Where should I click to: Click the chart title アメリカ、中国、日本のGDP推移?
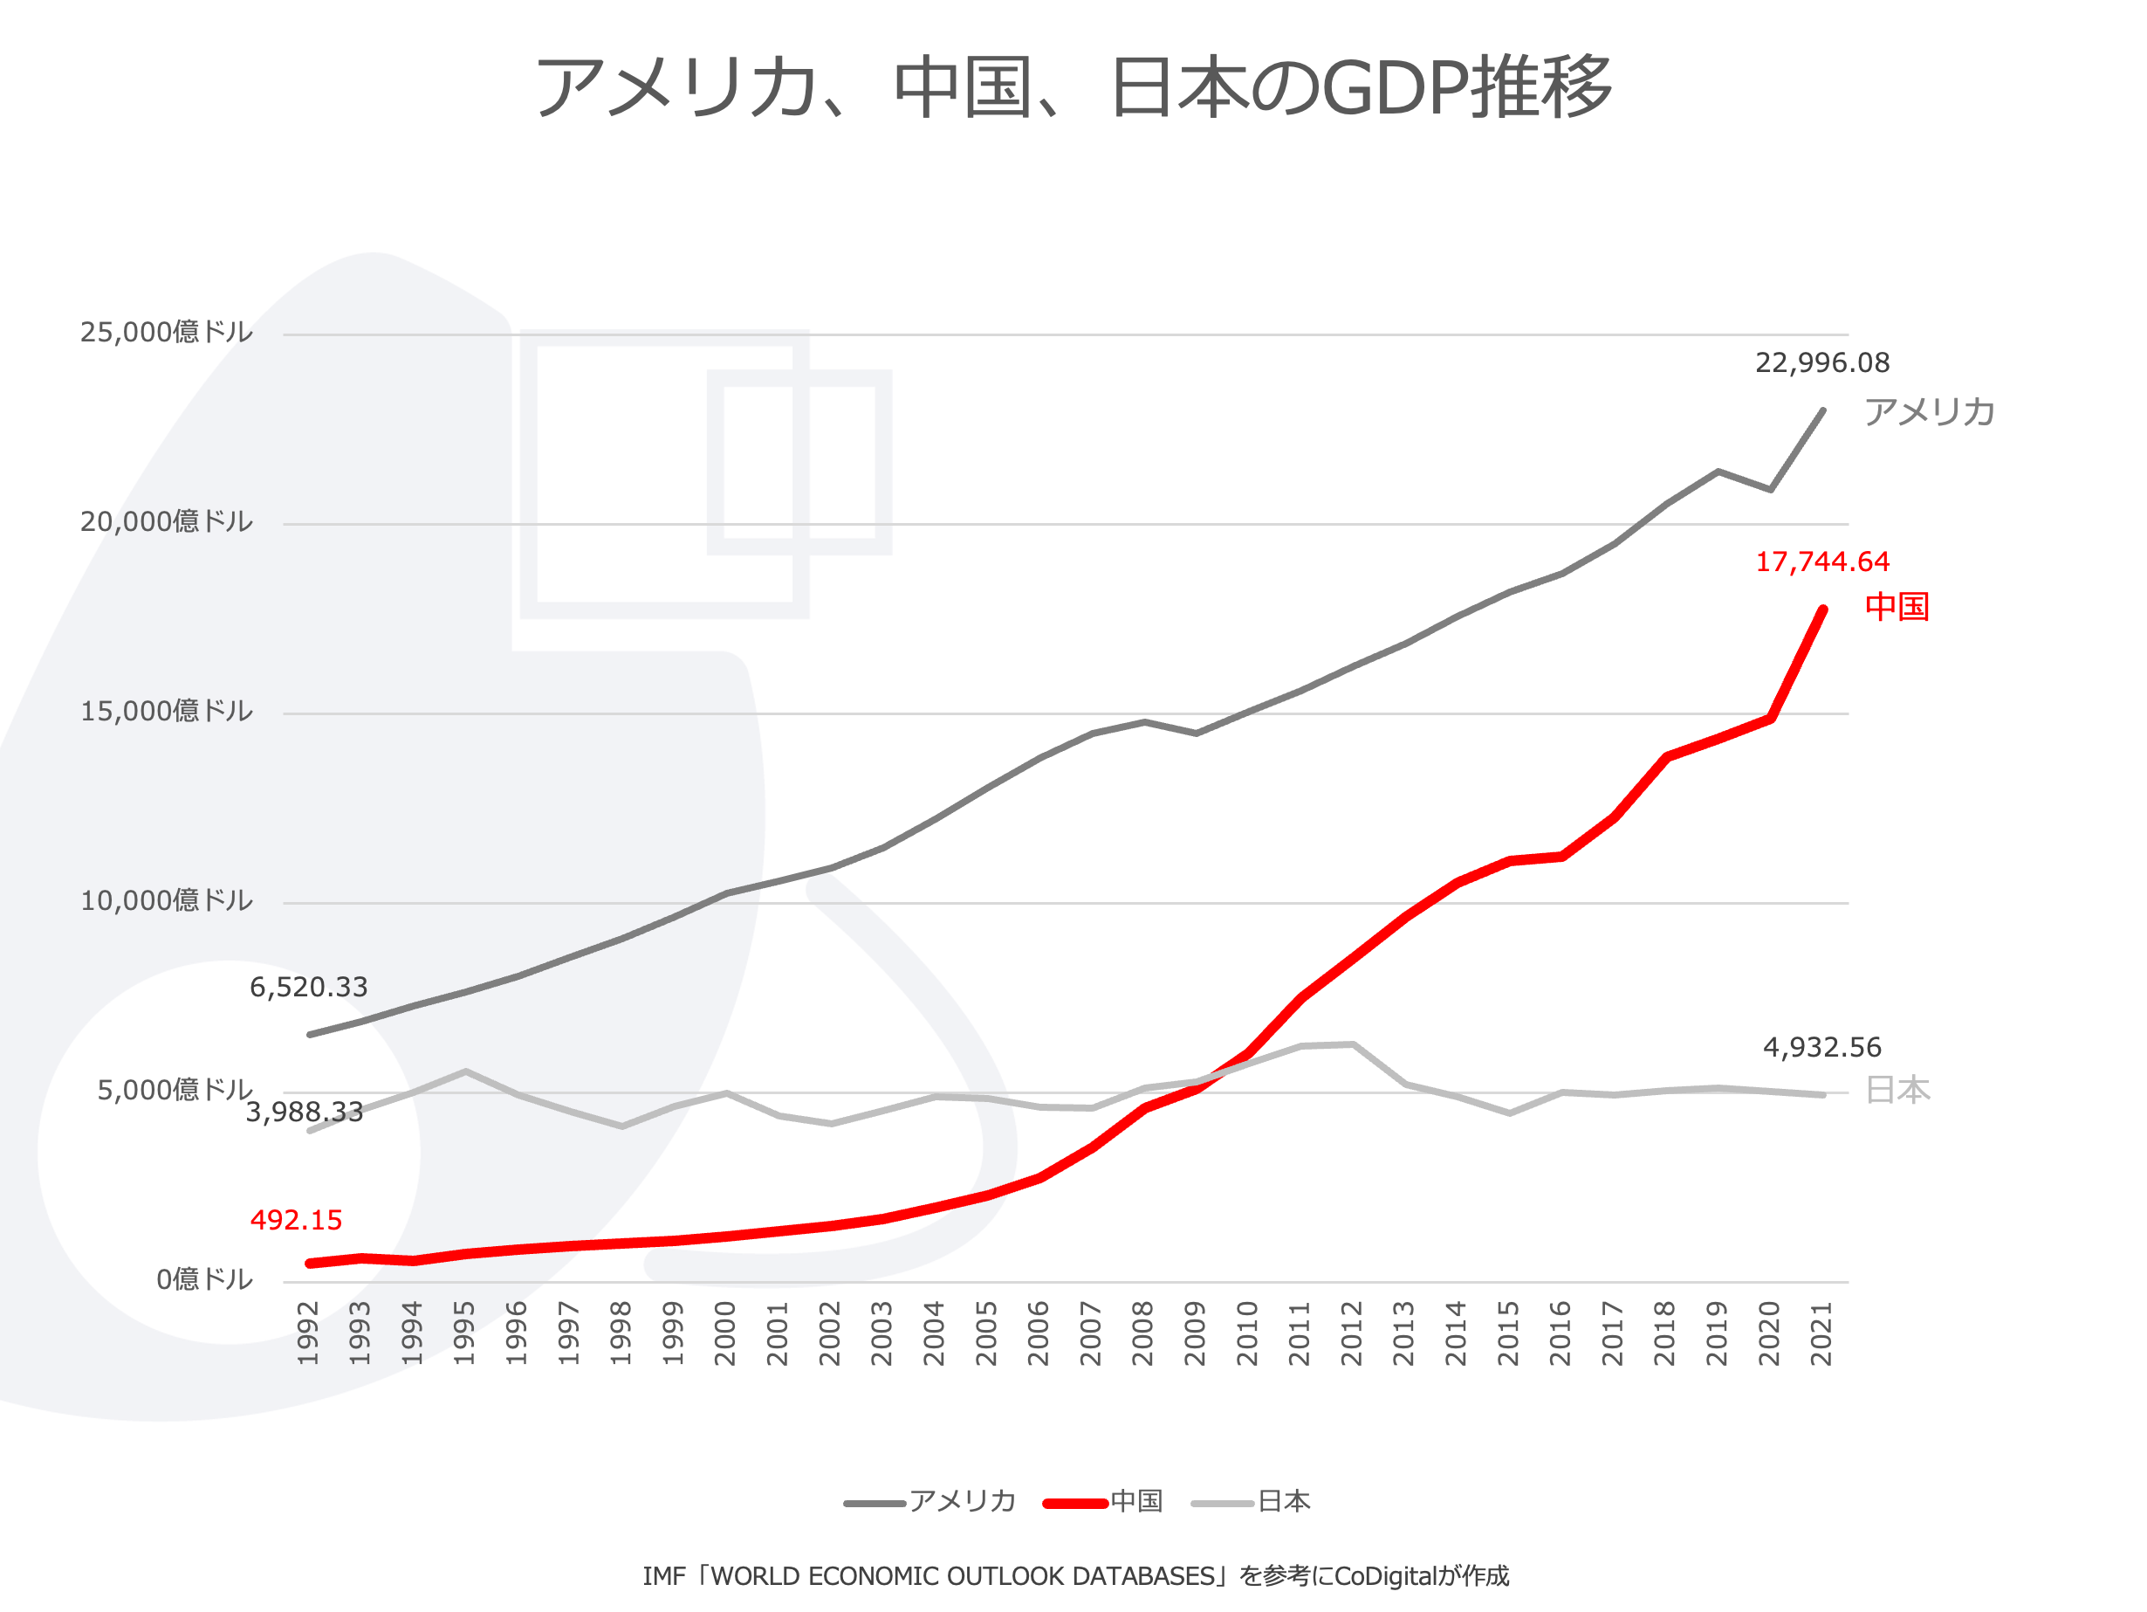pyautogui.click(x=1073, y=87)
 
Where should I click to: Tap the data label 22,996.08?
pyautogui.click(x=1821, y=363)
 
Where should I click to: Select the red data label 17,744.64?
pyautogui.click(x=1821, y=562)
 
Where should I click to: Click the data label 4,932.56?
pyautogui.click(x=1821, y=1048)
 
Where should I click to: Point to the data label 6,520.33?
pyautogui.click(x=309, y=988)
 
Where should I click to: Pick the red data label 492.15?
pyautogui.click(x=296, y=1221)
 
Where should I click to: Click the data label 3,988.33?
pyautogui.click(x=304, y=1113)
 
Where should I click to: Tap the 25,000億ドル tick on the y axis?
pyautogui.click(x=166, y=333)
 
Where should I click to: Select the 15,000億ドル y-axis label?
pyautogui.click(x=166, y=712)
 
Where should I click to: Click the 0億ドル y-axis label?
pyautogui.click(x=204, y=1280)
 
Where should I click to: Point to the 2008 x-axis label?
pyautogui.click(x=1142, y=1334)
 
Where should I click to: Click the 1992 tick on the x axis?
pyautogui.click(x=308, y=1334)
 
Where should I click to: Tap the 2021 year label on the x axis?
pyautogui.click(x=1821, y=1334)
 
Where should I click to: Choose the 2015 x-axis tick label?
pyautogui.click(x=1507, y=1334)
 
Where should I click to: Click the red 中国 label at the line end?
pyautogui.click(x=1897, y=607)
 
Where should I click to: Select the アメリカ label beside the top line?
pyautogui.click(x=1930, y=413)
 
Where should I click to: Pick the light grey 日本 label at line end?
pyautogui.click(x=1897, y=1091)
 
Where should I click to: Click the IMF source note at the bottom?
pyautogui.click(x=1075, y=1576)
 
